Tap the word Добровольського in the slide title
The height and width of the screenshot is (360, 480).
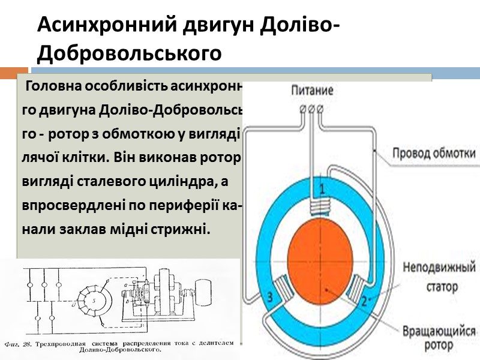click(x=129, y=53)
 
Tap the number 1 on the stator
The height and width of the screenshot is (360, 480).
click(x=322, y=189)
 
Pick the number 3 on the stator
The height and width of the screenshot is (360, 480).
click(x=270, y=296)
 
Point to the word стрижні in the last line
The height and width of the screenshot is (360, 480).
click(x=184, y=229)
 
